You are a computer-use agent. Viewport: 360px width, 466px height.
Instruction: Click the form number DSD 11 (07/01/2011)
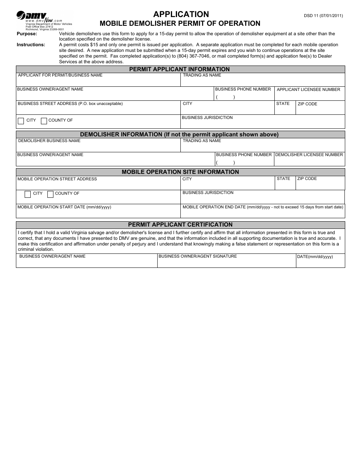click(x=323, y=16)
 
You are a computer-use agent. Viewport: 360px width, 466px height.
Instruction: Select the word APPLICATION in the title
click(x=181, y=14)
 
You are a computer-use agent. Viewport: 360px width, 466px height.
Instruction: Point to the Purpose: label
click(x=27, y=34)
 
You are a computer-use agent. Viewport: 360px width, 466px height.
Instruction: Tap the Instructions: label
click(x=31, y=45)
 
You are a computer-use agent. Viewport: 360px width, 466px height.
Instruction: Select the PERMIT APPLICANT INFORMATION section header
click(x=180, y=69)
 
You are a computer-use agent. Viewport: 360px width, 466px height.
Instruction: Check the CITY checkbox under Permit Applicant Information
click(x=21, y=121)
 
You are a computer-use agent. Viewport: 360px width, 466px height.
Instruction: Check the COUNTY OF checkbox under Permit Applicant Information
click(x=44, y=121)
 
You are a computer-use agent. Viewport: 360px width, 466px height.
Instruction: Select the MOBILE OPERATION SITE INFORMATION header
click(x=180, y=172)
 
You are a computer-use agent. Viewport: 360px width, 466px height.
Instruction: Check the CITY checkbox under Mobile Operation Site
click(x=28, y=194)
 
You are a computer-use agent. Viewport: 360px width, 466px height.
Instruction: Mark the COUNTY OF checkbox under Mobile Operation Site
click(x=50, y=194)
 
